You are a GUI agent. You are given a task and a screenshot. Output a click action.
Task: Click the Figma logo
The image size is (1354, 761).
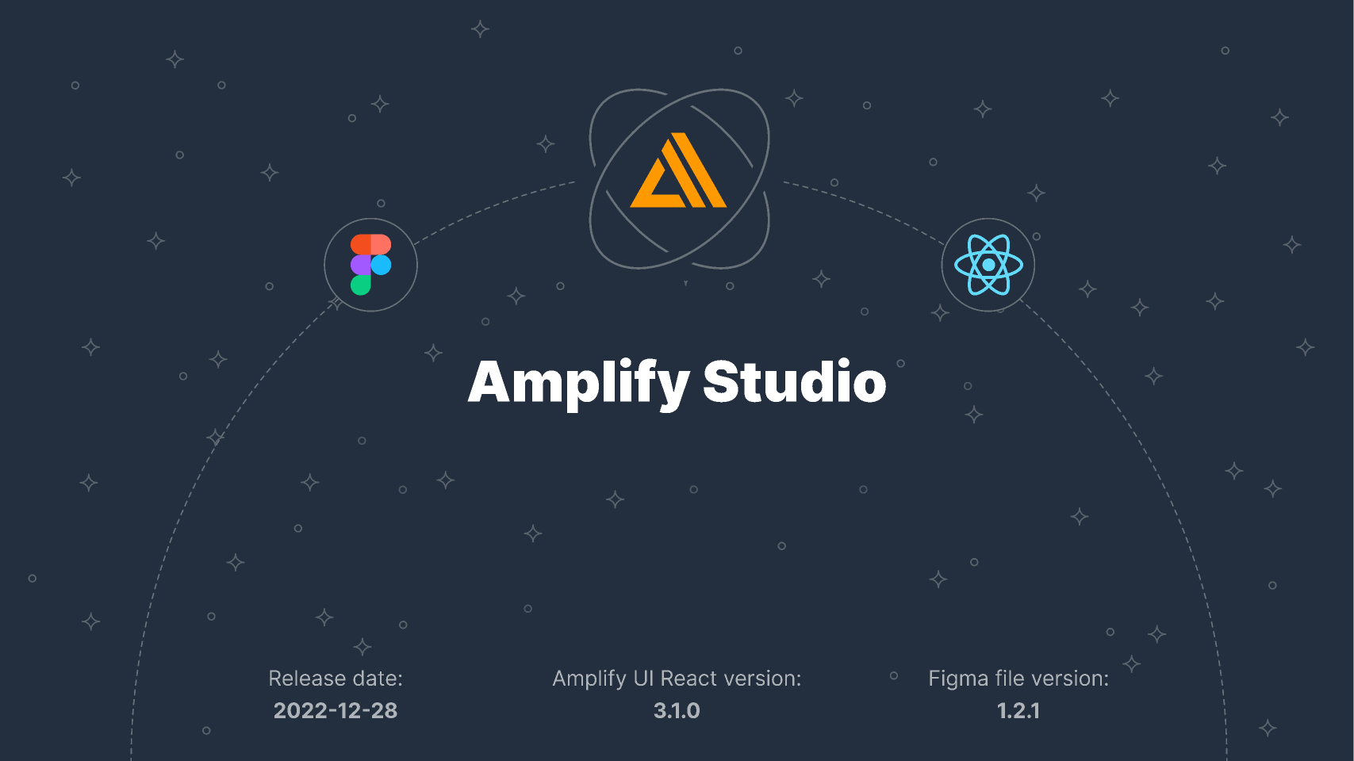tap(370, 265)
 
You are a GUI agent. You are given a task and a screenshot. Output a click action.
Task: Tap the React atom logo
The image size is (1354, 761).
tap(988, 265)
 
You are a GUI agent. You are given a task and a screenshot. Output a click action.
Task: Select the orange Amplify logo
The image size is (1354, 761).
tap(679, 171)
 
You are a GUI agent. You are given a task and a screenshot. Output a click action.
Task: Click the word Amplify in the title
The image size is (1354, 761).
tap(578, 383)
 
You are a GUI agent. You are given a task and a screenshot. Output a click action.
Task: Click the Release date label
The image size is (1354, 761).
tap(336, 679)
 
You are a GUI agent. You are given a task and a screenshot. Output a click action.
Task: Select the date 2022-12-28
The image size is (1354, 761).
tap(336, 710)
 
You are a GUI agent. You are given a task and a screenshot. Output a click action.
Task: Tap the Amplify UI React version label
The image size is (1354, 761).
tap(677, 679)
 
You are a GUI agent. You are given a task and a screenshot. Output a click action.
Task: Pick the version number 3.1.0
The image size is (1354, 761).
tap(677, 710)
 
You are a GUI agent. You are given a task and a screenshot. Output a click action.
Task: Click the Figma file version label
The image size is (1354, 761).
tap(1018, 679)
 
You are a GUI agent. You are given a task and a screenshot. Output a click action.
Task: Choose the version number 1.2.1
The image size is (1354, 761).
tap(1018, 710)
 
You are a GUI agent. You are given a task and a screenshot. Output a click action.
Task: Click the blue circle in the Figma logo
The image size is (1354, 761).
tap(382, 265)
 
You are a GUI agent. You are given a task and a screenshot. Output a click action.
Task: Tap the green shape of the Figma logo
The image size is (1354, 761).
tap(361, 285)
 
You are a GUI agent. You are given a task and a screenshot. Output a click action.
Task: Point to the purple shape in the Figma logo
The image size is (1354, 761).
tap(361, 265)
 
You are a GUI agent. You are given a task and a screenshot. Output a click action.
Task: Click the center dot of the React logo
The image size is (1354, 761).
tap(988, 265)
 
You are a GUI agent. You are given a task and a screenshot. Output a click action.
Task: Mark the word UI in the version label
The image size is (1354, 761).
tap(642, 679)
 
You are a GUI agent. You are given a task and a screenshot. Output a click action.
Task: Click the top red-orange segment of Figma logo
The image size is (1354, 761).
tap(370, 244)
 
